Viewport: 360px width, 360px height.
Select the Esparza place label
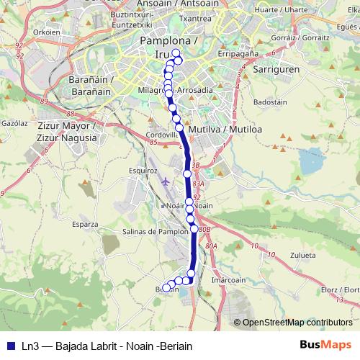85,224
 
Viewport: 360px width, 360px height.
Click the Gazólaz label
13,124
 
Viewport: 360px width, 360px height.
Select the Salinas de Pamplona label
156,231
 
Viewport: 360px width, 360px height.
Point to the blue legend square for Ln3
9,346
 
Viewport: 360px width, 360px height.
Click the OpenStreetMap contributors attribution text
297,323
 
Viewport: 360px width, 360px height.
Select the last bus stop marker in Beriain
166,288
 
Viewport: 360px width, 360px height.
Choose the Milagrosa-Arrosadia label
174,91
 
